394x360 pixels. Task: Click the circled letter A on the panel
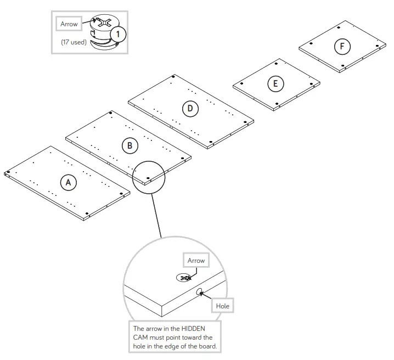[68, 182]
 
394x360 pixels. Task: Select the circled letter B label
[130, 145]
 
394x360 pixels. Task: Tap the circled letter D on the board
[190, 108]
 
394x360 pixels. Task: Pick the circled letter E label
[275, 83]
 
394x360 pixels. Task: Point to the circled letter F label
[342, 47]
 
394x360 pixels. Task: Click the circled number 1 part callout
[117, 34]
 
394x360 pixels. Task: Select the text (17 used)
[74, 42]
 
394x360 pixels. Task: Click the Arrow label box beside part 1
[69, 24]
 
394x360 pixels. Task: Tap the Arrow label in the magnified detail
[196, 261]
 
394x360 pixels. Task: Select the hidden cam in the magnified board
[184, 278]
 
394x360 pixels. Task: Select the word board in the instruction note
[209, 346]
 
